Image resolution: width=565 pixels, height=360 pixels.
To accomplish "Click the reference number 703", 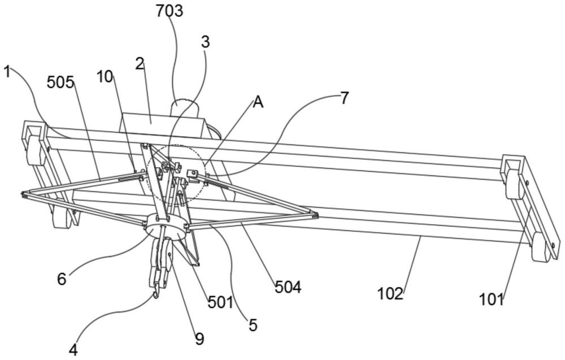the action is (x=169, y=11).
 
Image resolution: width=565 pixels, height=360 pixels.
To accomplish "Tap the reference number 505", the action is (x=60, y=83).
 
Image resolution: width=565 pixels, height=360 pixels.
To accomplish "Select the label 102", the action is (x=390, y=294).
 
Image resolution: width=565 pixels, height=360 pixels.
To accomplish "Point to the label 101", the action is (x=491, y=300).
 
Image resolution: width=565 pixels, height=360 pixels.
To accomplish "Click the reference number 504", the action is (x=288, y=287).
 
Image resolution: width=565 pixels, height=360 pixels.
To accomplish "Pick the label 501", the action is (x=220, y=303).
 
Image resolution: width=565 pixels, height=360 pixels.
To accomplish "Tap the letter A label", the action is (x=258, y=103).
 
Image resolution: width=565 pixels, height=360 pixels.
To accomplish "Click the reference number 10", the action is (x=105, y=76).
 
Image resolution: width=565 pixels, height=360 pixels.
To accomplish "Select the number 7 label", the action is (x=345, y=98).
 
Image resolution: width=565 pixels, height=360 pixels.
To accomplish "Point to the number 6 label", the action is (x=62, y=279).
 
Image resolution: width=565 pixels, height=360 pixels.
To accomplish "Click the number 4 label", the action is (x=73, y=350).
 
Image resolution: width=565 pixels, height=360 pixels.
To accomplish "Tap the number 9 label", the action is (x=199, y=339).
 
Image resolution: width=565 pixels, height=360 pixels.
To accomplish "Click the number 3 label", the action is (x=205, y=42).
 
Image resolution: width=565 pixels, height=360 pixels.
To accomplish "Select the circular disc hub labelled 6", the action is (x=166, y=228).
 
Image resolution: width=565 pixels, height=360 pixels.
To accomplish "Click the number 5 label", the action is (x=253, y=325).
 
